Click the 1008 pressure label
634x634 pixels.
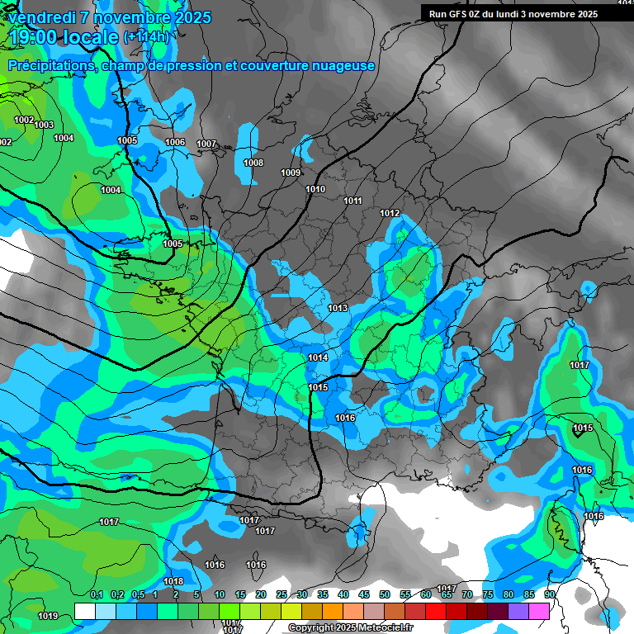coord(253,163)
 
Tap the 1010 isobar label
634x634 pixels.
coord(315,189)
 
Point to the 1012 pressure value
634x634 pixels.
coord(390,214)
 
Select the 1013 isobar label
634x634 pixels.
coord(338,308)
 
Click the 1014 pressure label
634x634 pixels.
coord(318,357)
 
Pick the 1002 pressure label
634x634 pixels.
coord(24,120)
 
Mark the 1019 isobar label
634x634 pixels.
coord(48,616)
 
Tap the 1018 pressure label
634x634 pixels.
coord(173,581)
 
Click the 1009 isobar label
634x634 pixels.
coord(291,173)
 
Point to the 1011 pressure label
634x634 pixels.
coord(353,201)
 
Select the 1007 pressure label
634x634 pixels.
coord(206,144)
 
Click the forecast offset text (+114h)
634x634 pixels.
coord(146,36)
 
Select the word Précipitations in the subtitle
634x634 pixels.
coord(50,65)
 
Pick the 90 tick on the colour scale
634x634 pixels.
coord(549,594)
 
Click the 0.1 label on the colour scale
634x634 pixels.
coord(97,594)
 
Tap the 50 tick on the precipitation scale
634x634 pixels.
coord(385,594)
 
